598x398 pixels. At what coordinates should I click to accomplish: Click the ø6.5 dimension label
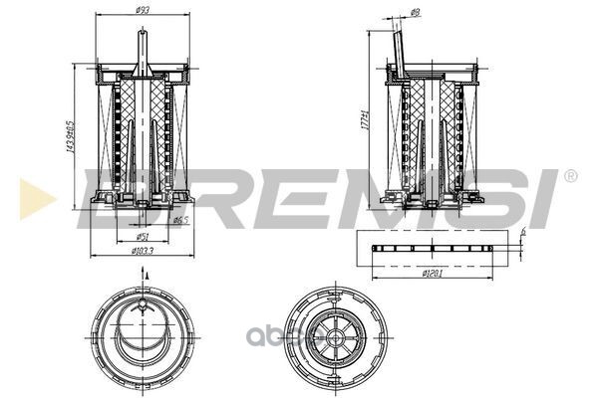(x=180, y=220)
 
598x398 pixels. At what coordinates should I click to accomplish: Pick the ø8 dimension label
(x=415, y=11)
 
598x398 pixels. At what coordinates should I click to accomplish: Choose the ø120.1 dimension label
(x=432, y=272)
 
